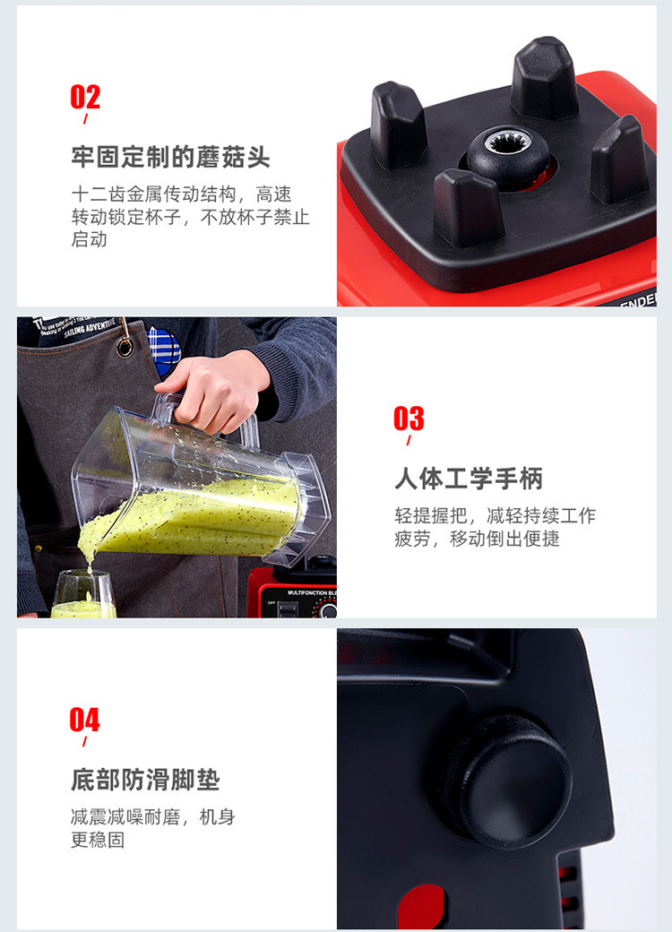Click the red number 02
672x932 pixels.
pyautogui.click(x=85, y=97)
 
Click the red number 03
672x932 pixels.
pyautogui.click(x=409, y=419)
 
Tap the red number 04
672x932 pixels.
pyautogui.click(x=84, y=720)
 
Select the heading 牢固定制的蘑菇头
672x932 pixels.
pyautogui.click(x=170, y=158)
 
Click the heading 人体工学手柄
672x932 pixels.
pyautogui.click(x=469, y=479)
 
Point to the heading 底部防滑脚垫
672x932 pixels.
pyautogui.click(x=145, y=780)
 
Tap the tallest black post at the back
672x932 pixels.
pyautogui.click(x=544, y=77)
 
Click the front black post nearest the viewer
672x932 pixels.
pyautogui.click(x=468, y=207)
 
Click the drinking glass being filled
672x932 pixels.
pyautogui.click(x=83, y=594)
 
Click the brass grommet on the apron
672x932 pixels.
pyautogui.click(x=125, y=348)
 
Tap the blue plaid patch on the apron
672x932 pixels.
pyautogui.click(x=163, y=352)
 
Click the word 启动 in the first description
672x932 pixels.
pyautogui.click(x=90, y=239)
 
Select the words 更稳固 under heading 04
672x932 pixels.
pyautogui.click(x=98, y=840)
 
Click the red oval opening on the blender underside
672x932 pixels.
pyautogui.click(x=421, y=906)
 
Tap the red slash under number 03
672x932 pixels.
pyautogui.click(x=409, y=440)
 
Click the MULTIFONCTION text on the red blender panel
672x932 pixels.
pyautogui.click(x=307, y=593)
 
